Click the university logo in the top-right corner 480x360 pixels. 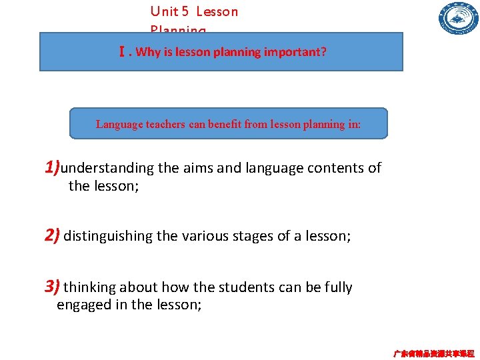point(458,18)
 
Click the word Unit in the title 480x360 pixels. point(163,11)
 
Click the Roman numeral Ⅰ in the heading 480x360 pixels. point(121,51)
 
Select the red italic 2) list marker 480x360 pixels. point(53,235)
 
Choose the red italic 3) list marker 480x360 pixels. point(53,287)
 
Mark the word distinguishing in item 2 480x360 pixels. point(107,235)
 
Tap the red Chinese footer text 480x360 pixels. point(433,353)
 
